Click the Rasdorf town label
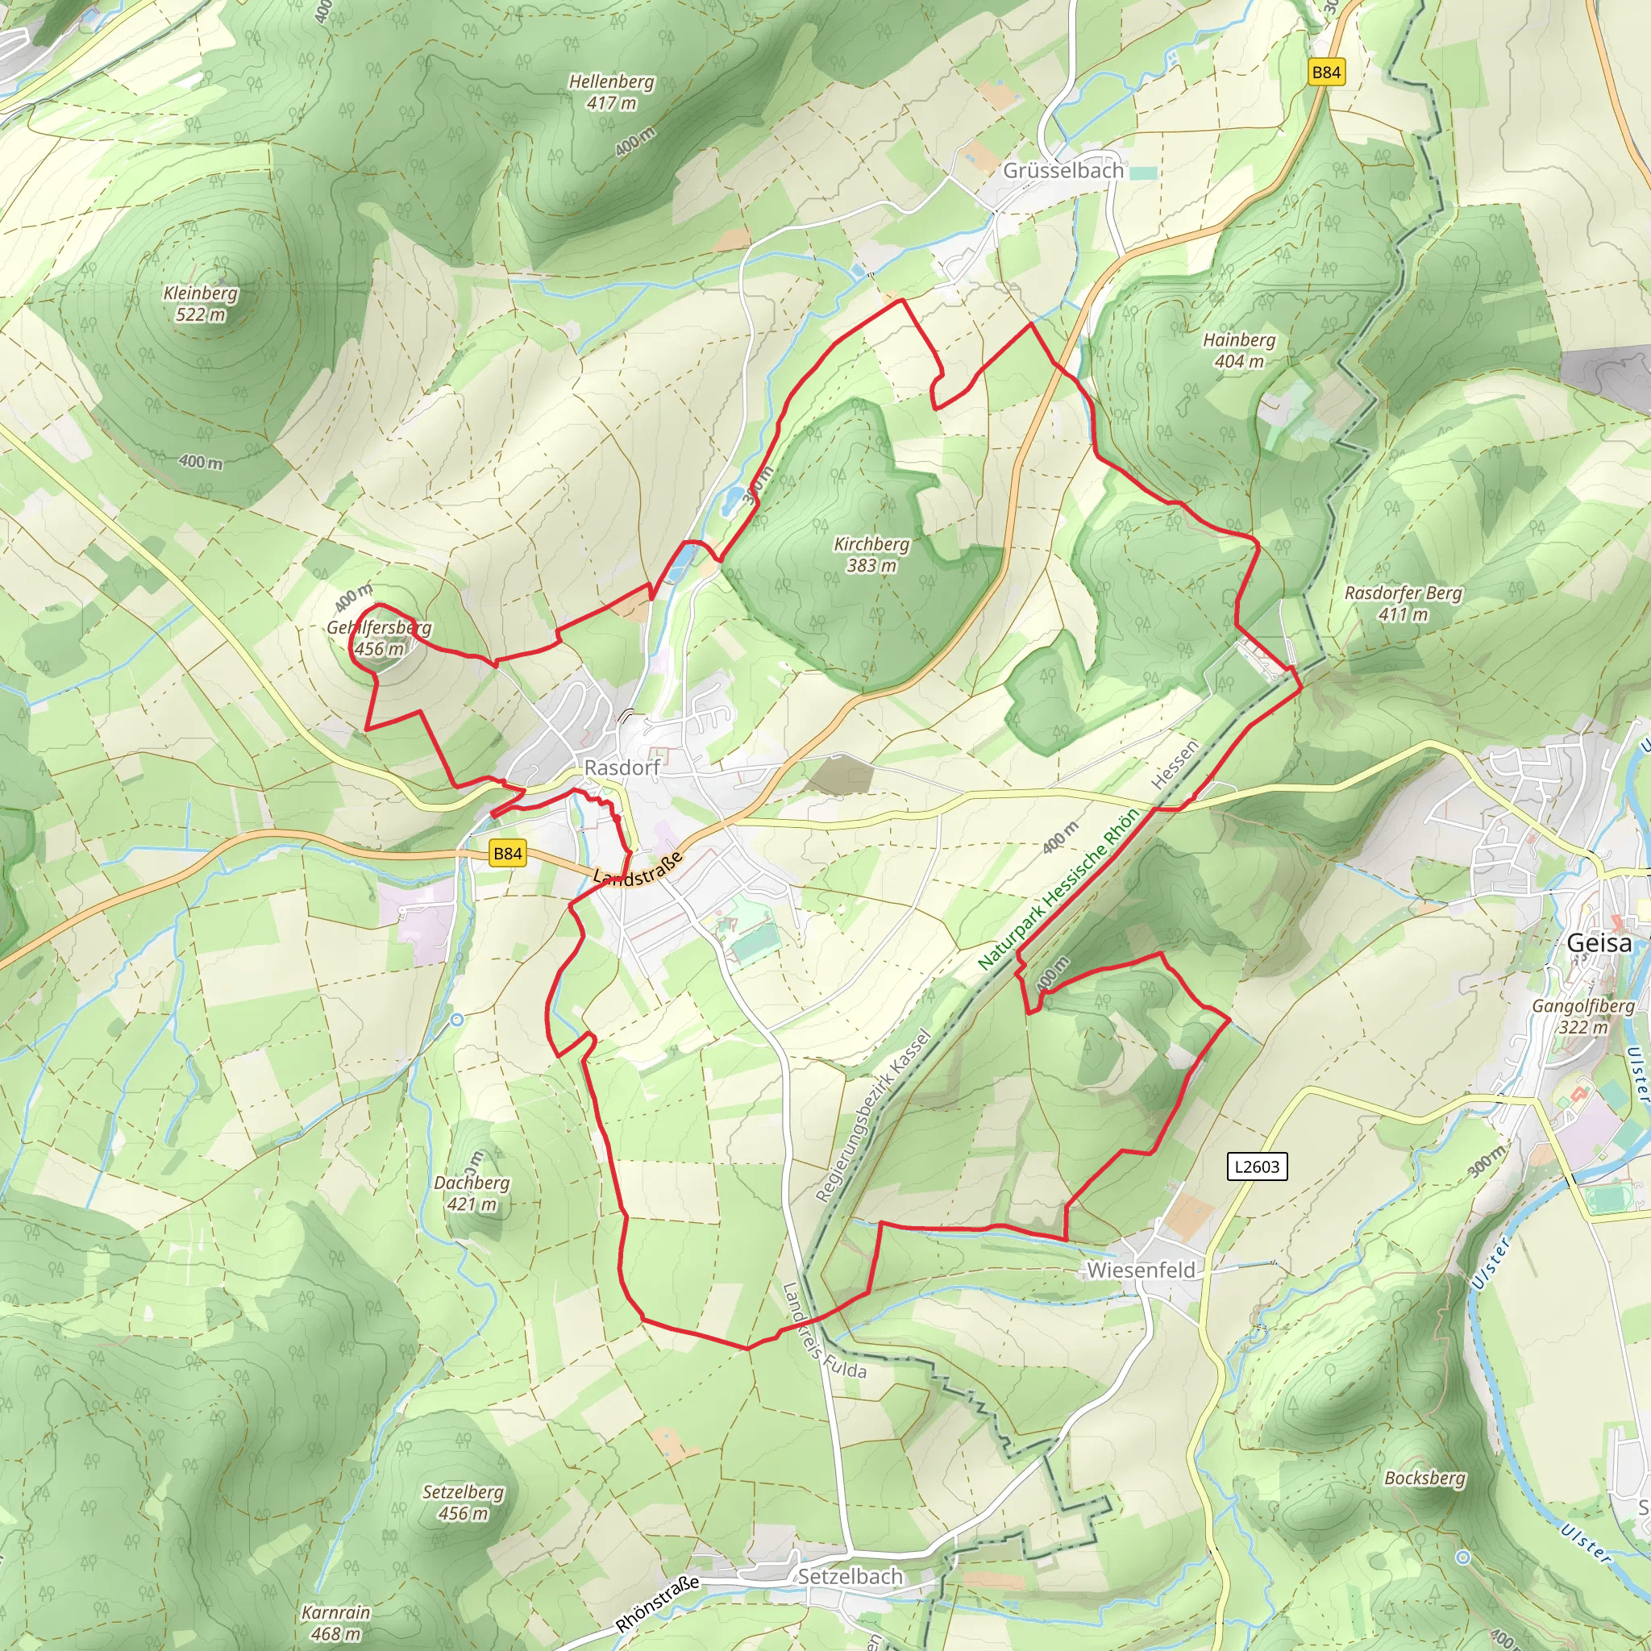pyautogui.click(x=622, y=767)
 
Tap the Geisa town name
pyautogui.click(x=1598, y=942)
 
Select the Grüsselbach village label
pyautogui.click(x=1063, y=170)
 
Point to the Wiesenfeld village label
pyautogui.click(x=1141, y=1270)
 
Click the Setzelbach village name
pyautogui.click(x=850, y=1577)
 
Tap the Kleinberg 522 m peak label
pyautogui.click(x=201, y=303)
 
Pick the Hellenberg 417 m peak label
pyautogui.click(x=612, y=91)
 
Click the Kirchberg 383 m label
pyautogui.click(x=871, y=554)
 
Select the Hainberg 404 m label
pyautogui.click(x=1239, y=351)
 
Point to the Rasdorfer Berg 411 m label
pyautogui.click(x=1404, y=602)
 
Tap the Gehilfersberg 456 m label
pyautogui.click(x=380, y=638)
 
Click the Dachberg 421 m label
pyautogui.click(x=472, y=1193)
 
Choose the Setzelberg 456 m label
pyautogui.click(x=464, y=1503)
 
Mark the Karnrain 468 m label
pyautogui.click(x=336, y=1623)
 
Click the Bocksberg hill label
pyautogui.click(x=1424, y=1478)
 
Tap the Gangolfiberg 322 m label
pyautogui.click(x=1582, y=1015)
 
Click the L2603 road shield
pyautogui.click(x=1257, y=1166)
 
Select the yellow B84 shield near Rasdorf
pyautogui.click(x=508, y=853)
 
